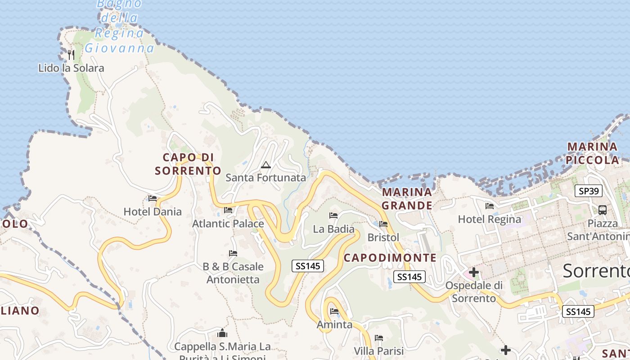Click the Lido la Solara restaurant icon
[71, 55]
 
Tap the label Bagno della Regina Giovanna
[120, 26]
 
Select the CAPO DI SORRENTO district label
[188, 164]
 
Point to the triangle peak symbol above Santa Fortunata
[266, 165]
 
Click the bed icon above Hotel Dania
[153, 198]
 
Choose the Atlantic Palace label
[228, 223]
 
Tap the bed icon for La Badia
[333, 216]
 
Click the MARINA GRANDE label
[407, 199]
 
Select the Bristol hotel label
[383, 237]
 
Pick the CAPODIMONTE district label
[390, 258]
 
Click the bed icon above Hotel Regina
[490, 206]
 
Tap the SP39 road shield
[589, 191]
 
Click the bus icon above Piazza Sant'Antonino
[602, 210]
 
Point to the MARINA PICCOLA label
[592, 153]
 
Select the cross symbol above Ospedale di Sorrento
[473, 272]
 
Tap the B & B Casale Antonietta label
[233, 273]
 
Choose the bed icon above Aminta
[334, 311]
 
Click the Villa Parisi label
[379, 351]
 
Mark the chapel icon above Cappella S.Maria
[222, 333]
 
